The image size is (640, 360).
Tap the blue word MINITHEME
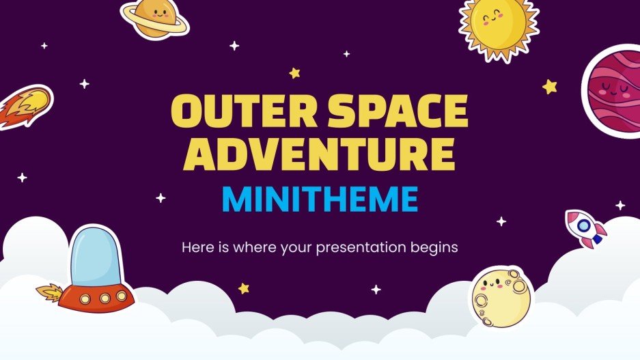pyautogui.click(x=320, y=199)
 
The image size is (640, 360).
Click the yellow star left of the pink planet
pyautogui.click(x=550, y=86)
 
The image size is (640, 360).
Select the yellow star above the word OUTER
pyautogui.click(x=294, y=72)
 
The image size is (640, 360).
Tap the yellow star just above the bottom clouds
pyautogui.click(x=244, y=288)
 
